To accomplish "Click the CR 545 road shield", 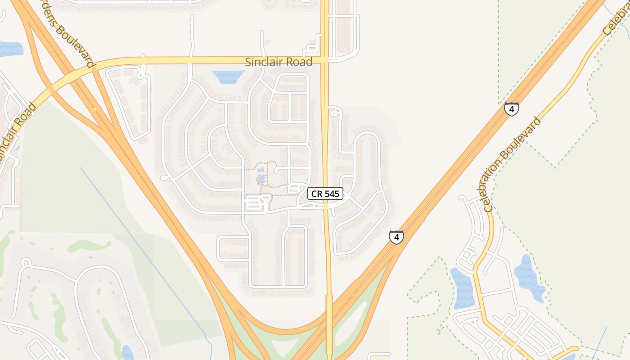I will (x=325, y=194).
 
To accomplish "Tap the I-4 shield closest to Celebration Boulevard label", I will (x=511, y=109).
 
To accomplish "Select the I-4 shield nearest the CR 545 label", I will (x=396, y=237).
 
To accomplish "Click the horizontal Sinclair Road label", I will (x=279, y=62).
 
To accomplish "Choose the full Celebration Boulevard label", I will (x=513, y=164).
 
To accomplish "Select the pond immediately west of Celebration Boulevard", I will (x=461, y=288).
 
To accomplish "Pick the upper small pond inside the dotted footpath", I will (x=261, y=170).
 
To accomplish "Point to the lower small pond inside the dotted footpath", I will (x=261, y=179).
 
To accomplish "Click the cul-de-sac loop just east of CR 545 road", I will (x=333, y=113).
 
